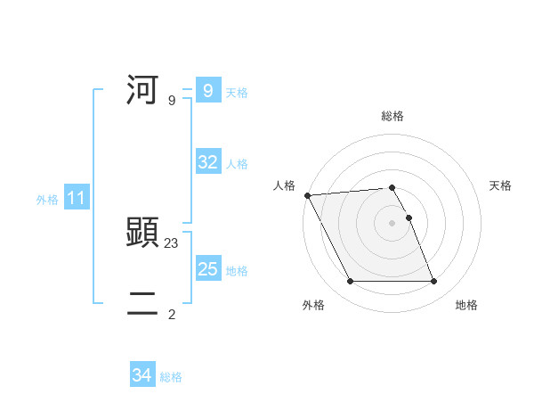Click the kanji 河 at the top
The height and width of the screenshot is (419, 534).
pyautogui.click(x=143, y=90)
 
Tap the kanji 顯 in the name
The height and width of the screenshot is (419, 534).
pyautogui.click(x=143, y=233)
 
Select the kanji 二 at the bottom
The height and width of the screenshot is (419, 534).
pyautogui.click(x=143, y=304)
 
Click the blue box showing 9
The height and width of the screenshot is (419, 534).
pyautogui.click(x=207, y=90)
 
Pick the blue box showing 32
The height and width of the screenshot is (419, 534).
pyautogui.click(x=207, y=162)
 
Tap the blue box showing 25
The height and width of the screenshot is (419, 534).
pyautogui.click(x=207, y=269)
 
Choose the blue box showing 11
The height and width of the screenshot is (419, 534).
pyautogui.click(x=76, y=198)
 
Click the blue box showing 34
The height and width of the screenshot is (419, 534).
pyautogui.click(x=142, y=375)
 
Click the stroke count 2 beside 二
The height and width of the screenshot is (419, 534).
pyautogui.click(x=172, y=314)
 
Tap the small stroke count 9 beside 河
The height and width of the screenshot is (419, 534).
pyautogui.click(x=172, y=100)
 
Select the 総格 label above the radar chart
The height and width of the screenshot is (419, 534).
pyautogui.click(x=392, y=116)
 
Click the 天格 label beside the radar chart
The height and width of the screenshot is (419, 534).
pyautogui.click(x=500, y=185)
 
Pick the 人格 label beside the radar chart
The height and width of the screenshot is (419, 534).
pyautogui.click(x=284, y=185)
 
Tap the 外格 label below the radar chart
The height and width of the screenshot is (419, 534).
pyautogui.click(x=313, y=305)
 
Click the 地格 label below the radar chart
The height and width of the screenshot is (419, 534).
pyautogui.click(x=466, y=305)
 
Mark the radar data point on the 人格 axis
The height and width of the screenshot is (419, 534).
pyautogui.click(x=307, y=195)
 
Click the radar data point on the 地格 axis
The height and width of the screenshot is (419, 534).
pyautogui.click(x=434, y=282)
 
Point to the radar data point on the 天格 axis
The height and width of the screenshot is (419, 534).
pyautogui.click(x=409, y=218)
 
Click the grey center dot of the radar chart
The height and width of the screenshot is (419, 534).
pyautogui.click(x=392, y=223)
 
